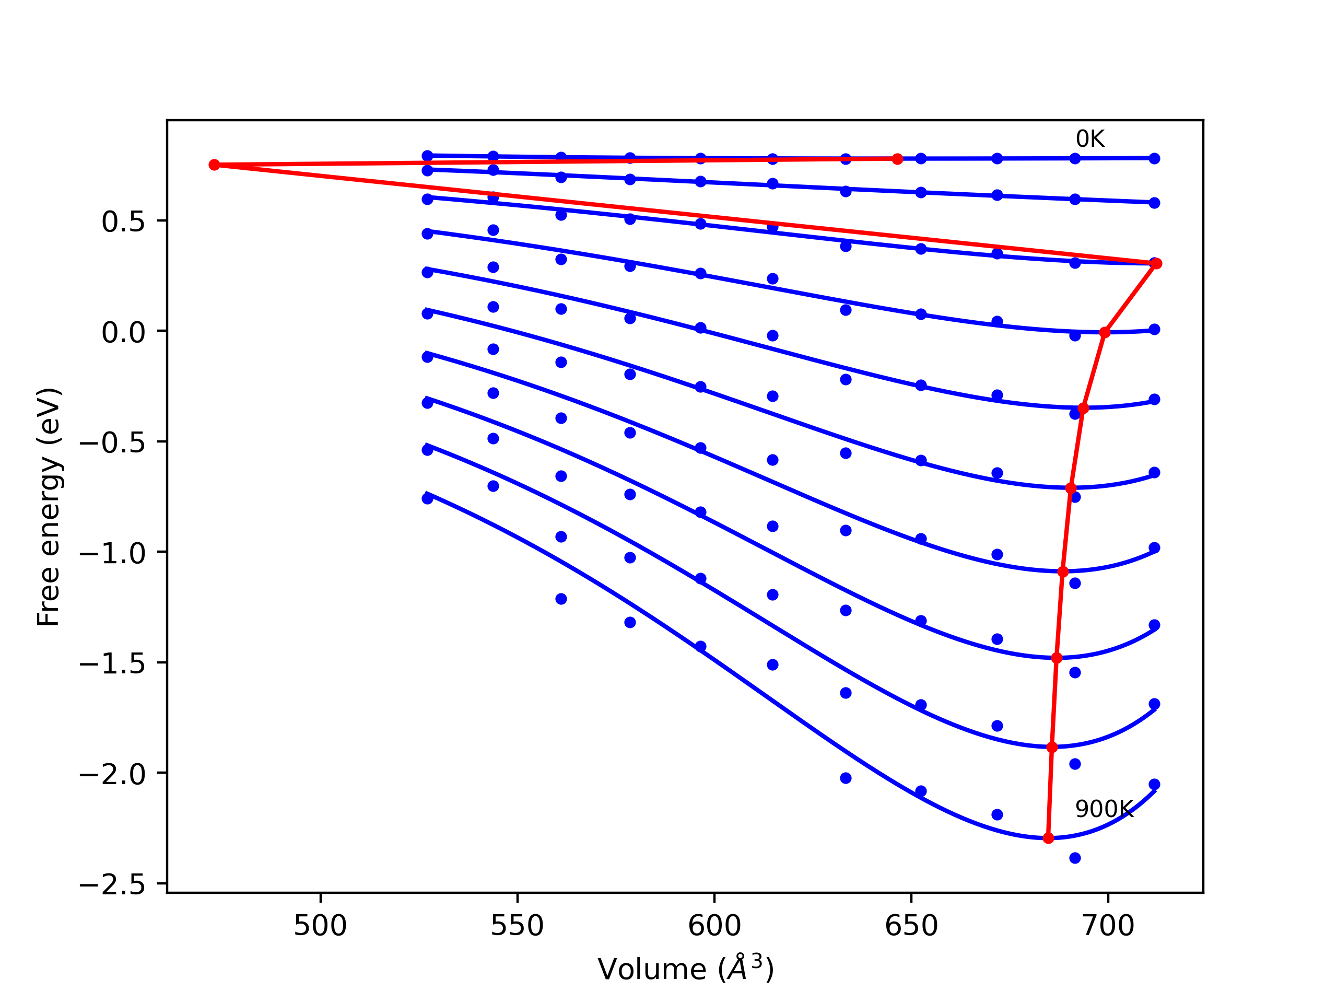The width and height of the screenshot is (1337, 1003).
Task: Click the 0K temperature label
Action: click(x=1090, y=139)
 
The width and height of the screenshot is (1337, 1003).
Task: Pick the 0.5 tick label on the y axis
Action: click(x=123, y=222)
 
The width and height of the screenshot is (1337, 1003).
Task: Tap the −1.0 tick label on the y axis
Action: click(x=113, y=553)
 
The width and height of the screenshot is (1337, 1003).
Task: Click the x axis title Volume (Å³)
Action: click(x=685, y=970)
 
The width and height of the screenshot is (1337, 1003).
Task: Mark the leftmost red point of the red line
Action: click(x=214, y=165)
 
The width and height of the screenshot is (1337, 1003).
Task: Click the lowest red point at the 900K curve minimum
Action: click(x=1048, y=838)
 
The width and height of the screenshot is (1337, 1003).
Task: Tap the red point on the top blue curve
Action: click(x=897, y=159)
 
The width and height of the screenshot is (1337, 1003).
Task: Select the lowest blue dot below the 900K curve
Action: click(x=1075, y=858)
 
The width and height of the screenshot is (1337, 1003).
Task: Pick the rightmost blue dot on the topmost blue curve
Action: click(x=1154, y=158)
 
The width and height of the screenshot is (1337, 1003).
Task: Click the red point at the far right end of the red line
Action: click(x=1156, y=264)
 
